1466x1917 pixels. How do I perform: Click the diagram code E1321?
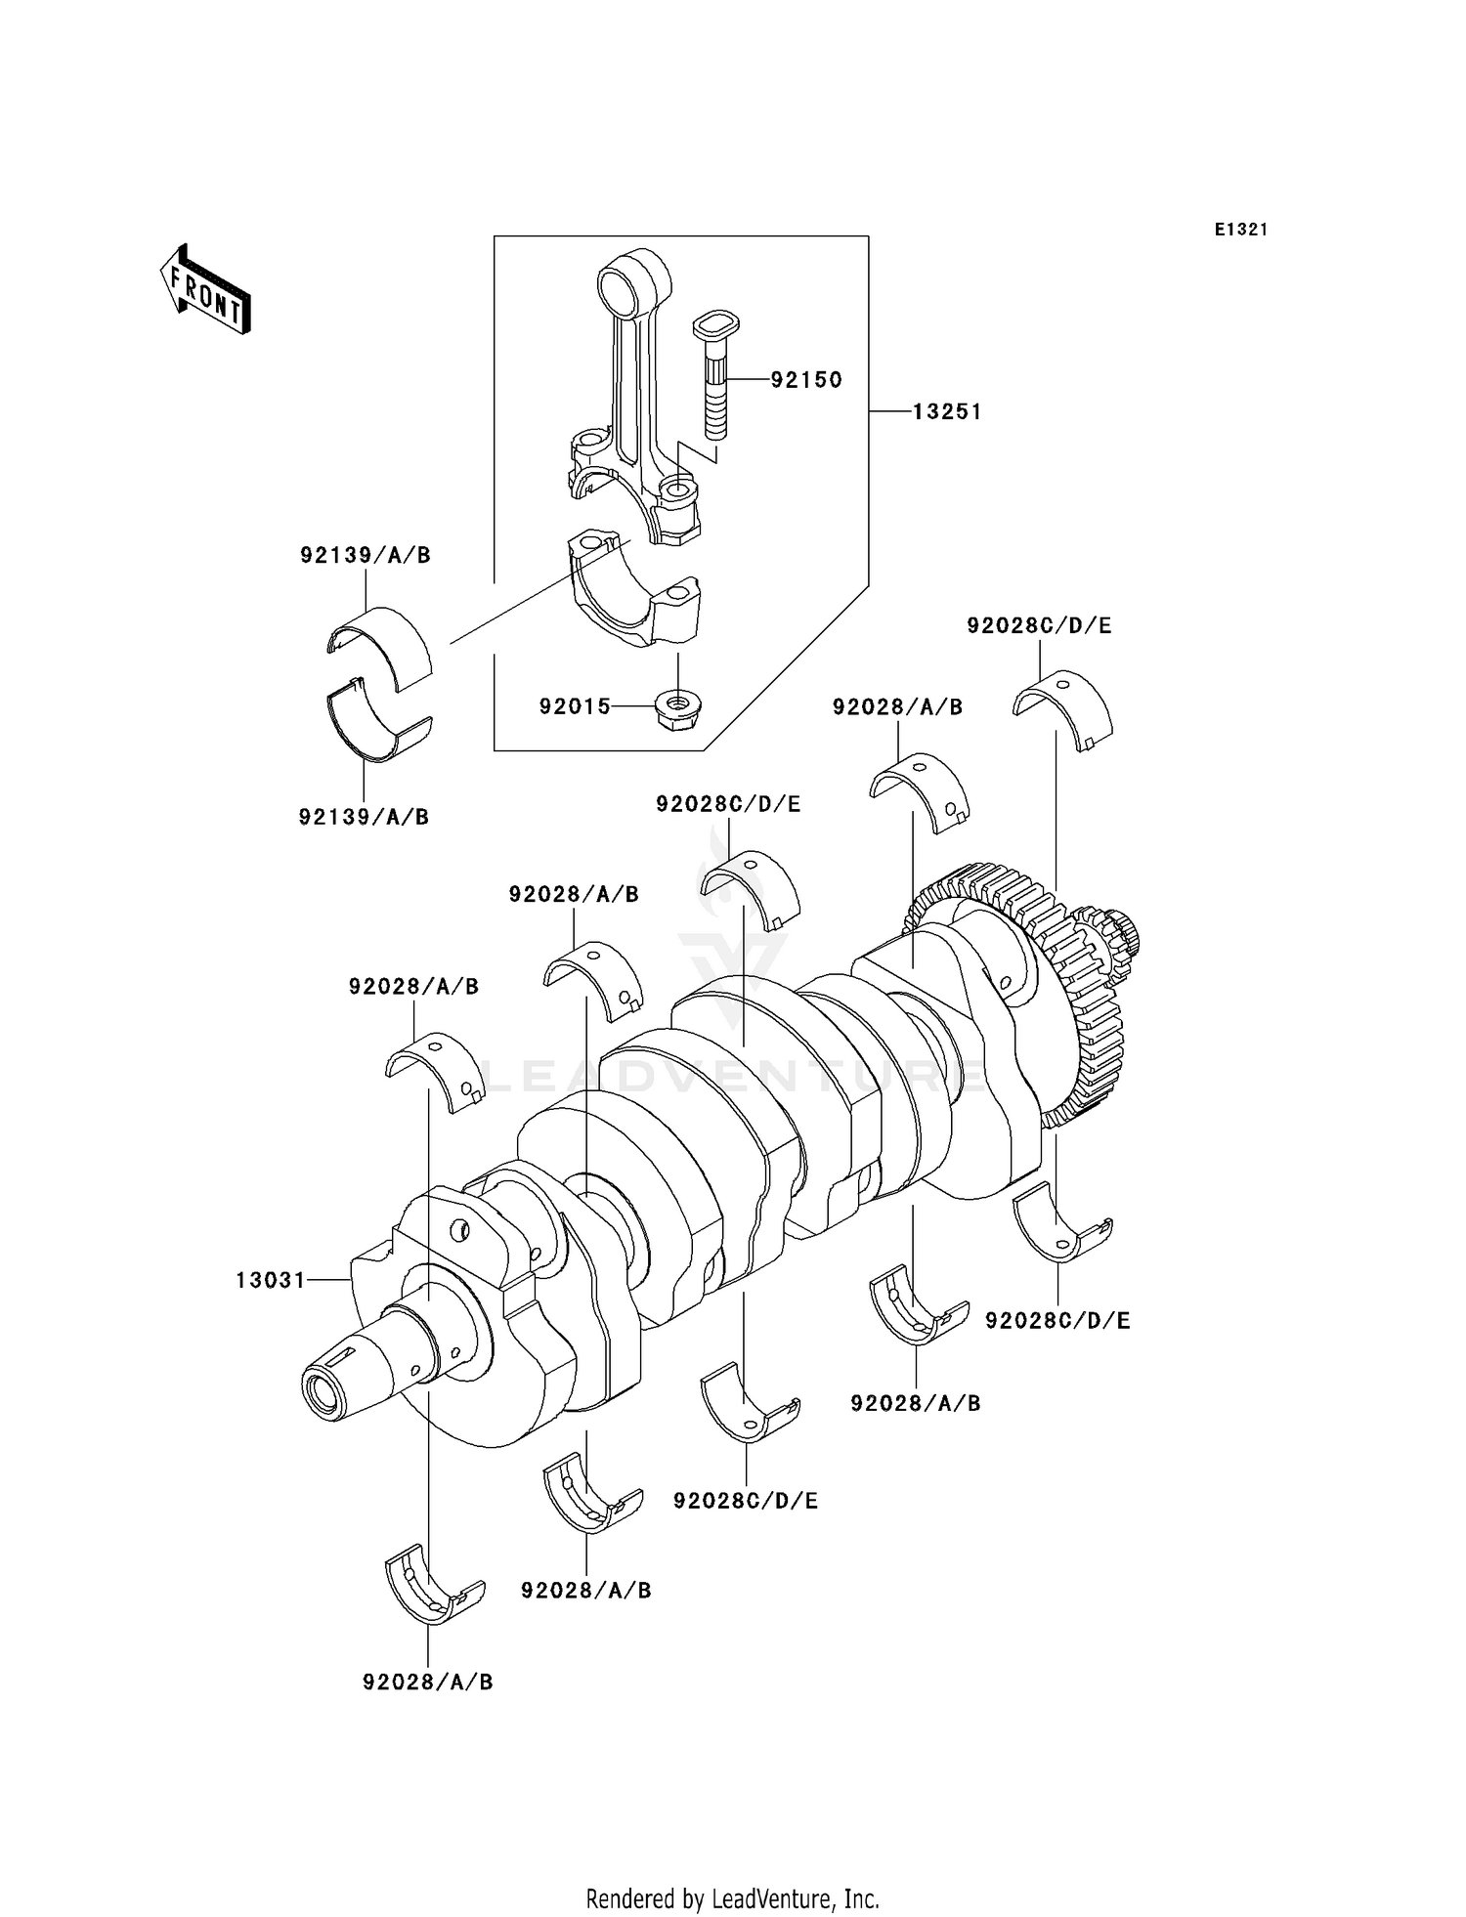(1240, 230)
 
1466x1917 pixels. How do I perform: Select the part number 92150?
(805, 380)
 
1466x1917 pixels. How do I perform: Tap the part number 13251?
(946, 412)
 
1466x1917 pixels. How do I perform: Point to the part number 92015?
(575, 705)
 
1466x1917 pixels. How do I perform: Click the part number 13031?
(271, 1280)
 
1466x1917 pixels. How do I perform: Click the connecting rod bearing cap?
(636, 591)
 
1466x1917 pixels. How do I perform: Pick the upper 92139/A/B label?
(365, 555)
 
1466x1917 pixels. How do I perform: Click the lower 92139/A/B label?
(364, 817)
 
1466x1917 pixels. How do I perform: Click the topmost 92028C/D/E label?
(1039, 625)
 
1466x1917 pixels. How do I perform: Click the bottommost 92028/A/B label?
(427, 1682)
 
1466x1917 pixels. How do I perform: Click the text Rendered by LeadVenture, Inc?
(732, 1898)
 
